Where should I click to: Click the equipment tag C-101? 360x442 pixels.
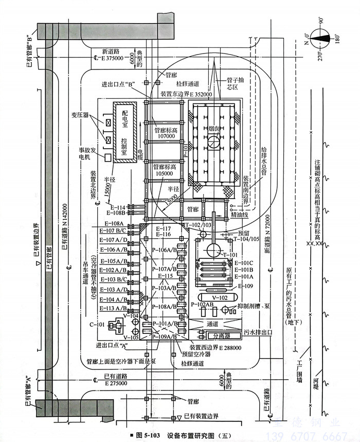(97, 325)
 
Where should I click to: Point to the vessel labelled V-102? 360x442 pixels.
(219, 297)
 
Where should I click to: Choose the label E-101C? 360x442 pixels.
(244, 262)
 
